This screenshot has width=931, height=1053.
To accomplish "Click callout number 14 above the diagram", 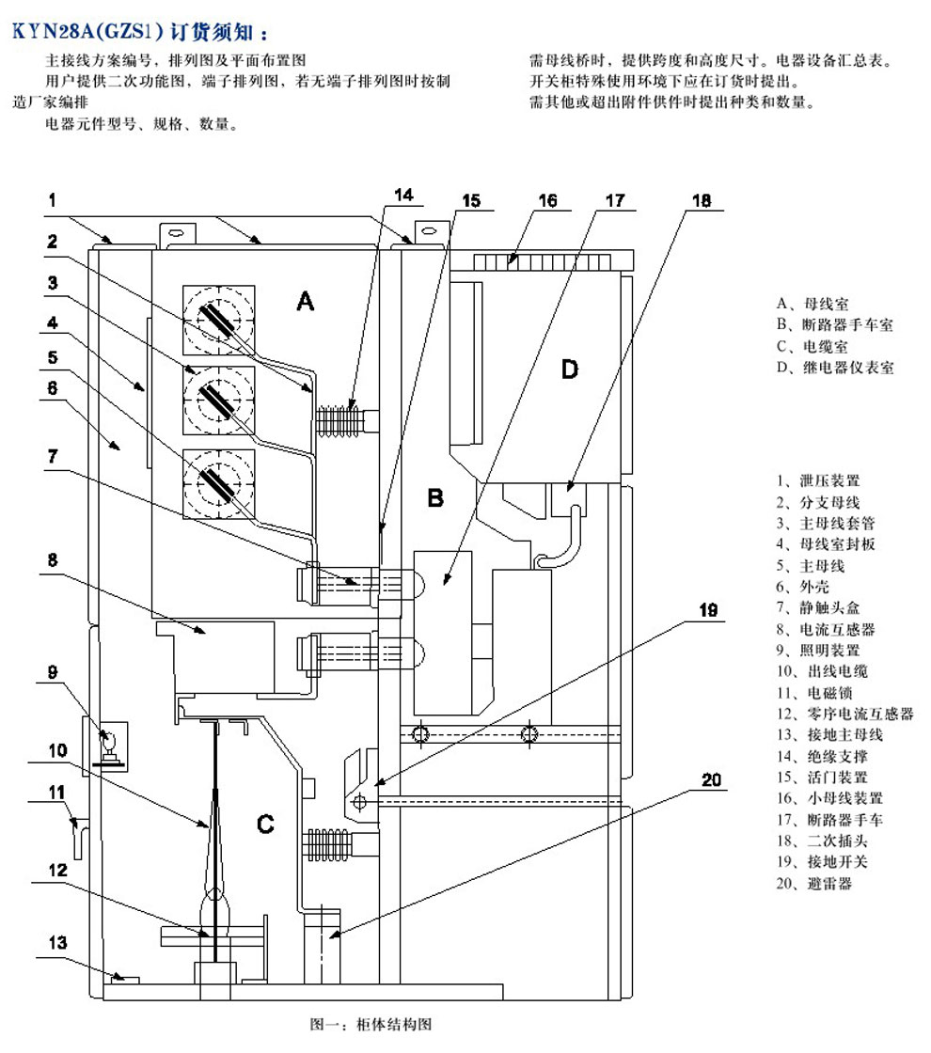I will pyautogui.click(x=402, y=196).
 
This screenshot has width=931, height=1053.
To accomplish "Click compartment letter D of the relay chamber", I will pyautogui.click(x=570, y=369).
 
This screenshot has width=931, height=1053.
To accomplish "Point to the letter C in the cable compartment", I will pyautogui.click(x=266, y=825).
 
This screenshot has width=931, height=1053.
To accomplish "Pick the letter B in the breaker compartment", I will pyautogui.click(x=434, y=498).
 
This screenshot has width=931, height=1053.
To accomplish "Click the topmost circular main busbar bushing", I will pyautogui.click(x=220, y=320).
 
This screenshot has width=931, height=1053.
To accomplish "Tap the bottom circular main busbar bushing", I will pyautogui.click(x=220, y=483).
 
